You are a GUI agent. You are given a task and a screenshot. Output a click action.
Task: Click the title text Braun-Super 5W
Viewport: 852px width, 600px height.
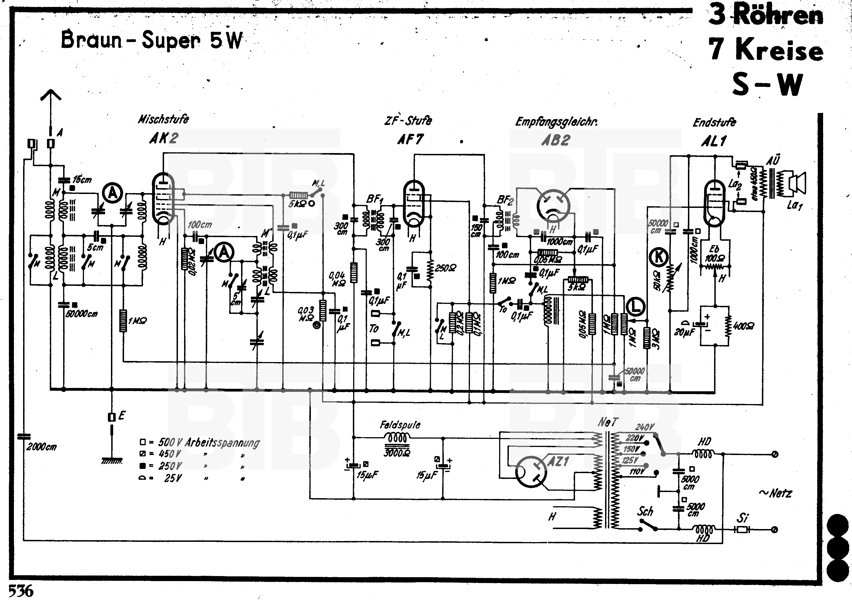click(x=151, y=40)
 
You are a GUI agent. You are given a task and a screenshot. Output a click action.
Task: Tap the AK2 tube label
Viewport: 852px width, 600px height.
click(x=164, y=138)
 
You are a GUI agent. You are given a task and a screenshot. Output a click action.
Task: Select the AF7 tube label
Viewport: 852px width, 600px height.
click(x=410, y=139)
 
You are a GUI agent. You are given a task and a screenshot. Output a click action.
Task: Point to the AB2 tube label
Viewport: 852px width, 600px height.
click(x=556, y=140)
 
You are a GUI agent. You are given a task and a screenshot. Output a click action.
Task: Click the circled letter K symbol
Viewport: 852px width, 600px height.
click(x=659, y=257)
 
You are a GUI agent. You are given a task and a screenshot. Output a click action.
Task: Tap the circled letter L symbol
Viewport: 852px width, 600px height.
click(x=635, y=307)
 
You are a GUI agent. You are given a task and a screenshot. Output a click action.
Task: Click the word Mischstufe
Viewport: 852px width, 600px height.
click(x=163, y=119)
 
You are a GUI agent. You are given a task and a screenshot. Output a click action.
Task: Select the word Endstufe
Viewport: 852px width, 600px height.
click(x=714, y=122)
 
